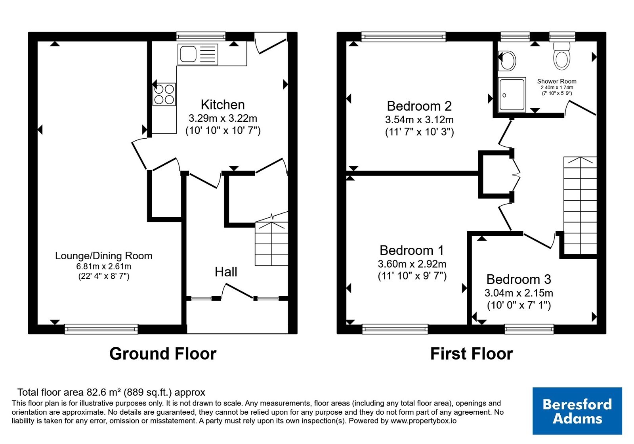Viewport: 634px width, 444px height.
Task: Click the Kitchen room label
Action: point(223,105)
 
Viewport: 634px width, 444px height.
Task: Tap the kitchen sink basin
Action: point(188,54)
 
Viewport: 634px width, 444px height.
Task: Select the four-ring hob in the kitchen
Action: point(164,95)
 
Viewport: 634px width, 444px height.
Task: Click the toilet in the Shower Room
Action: point(561,56)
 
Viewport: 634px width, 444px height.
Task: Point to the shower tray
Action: point(512,94)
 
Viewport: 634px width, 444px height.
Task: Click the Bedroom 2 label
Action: point(419,106)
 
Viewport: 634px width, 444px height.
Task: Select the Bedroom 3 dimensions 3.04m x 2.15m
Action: point(519,293)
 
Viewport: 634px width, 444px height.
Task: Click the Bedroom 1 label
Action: point(412,250)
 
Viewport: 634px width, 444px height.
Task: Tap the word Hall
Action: point(226,272)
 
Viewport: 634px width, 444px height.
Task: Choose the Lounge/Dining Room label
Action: point(103,256)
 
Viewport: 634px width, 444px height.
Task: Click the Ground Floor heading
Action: point(163,354)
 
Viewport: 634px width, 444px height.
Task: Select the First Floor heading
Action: point(472,354)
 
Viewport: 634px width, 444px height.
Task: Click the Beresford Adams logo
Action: point(577,411)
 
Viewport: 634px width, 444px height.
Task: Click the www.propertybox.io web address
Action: point(424,421)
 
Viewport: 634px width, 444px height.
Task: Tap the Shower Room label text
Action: point(557,81)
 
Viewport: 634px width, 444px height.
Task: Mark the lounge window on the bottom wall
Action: point(101,329)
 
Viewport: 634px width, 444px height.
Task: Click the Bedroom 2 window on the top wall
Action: point(404,37)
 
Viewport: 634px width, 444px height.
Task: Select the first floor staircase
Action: point(580,206)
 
